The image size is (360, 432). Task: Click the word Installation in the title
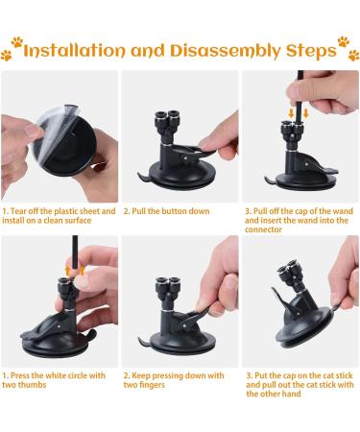[x=74, y=51]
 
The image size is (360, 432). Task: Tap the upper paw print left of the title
[x=17, y=42]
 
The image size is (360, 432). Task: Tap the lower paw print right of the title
[x=353, y=55]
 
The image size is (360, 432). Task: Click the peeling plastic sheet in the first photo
[x=55, y=132]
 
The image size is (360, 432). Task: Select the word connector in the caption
[x=263, y=229]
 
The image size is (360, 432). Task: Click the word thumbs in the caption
[x=32, y=385]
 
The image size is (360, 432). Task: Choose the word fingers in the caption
[x=152, y=385]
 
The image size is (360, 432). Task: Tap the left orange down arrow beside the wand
[x=291, y=112]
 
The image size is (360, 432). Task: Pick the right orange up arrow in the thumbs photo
[x=82, y=270]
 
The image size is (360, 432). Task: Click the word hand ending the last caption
[x=291, y=394]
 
